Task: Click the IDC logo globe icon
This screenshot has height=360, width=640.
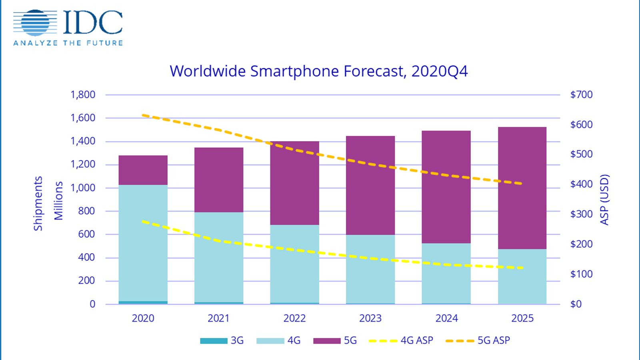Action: tap(35, 22)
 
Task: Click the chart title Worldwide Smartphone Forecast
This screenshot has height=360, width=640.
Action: tap(318, 71)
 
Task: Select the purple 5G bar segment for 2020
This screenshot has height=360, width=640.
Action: tap(143, 170)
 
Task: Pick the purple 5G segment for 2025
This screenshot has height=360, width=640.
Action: tap(522, 188)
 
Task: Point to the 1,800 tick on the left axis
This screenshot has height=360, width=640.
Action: tap(83, 95)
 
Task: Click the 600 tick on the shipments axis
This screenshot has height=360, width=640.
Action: tap(86, 234)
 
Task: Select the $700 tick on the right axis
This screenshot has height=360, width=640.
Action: tap(581, 95)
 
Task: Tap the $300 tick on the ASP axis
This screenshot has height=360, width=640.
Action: tap(581, 214)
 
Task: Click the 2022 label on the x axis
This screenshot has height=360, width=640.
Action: tap(294, 318)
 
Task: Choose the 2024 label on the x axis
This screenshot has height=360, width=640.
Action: tap(446, 318)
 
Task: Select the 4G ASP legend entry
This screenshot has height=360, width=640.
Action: tap(401, 341)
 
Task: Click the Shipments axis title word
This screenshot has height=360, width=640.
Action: tap(38, 204)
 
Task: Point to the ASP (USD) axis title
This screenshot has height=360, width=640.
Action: tap(604, 200)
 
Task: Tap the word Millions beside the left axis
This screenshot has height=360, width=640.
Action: tap(59, 201)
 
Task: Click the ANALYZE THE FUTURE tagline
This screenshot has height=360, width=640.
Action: tap(68, 43)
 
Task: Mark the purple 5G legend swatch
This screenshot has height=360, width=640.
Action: tap(326, 341)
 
